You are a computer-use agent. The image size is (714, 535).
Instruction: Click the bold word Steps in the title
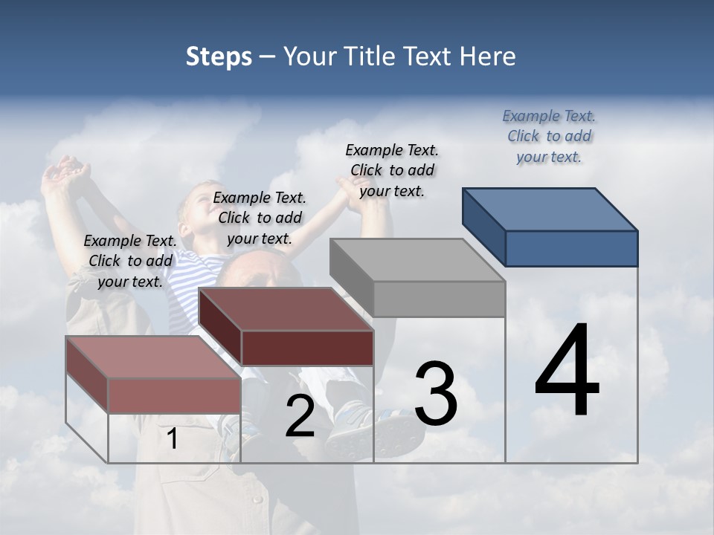click(x=219, y=56)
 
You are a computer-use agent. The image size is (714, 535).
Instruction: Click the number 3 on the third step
click(x=435, y=394)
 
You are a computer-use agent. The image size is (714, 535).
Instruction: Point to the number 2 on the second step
click(x=300, y=416)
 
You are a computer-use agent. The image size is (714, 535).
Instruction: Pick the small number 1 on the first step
click(x=173, y=438)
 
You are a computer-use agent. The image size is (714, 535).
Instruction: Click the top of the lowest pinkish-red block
click(x=152, y=357)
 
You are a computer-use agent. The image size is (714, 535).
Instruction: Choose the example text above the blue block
click(x=549, y=137)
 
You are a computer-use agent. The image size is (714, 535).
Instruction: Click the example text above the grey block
click(x=392, y=170)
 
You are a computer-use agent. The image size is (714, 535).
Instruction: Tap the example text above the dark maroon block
click(x=260, y=218)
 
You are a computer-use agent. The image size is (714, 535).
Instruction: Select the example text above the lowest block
click(x=130, y=261)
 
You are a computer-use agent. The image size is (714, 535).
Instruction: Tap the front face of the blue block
click(x=571, y=248)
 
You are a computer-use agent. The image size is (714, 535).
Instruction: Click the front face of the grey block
click(x=439, y=299)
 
